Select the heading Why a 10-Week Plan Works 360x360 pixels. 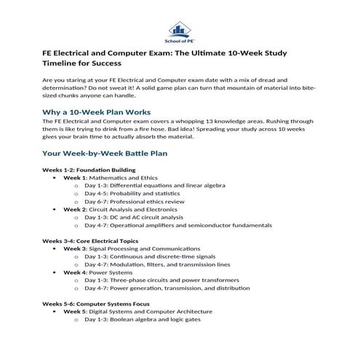[x=97, y=112]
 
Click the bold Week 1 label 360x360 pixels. [x=75, y=178]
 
